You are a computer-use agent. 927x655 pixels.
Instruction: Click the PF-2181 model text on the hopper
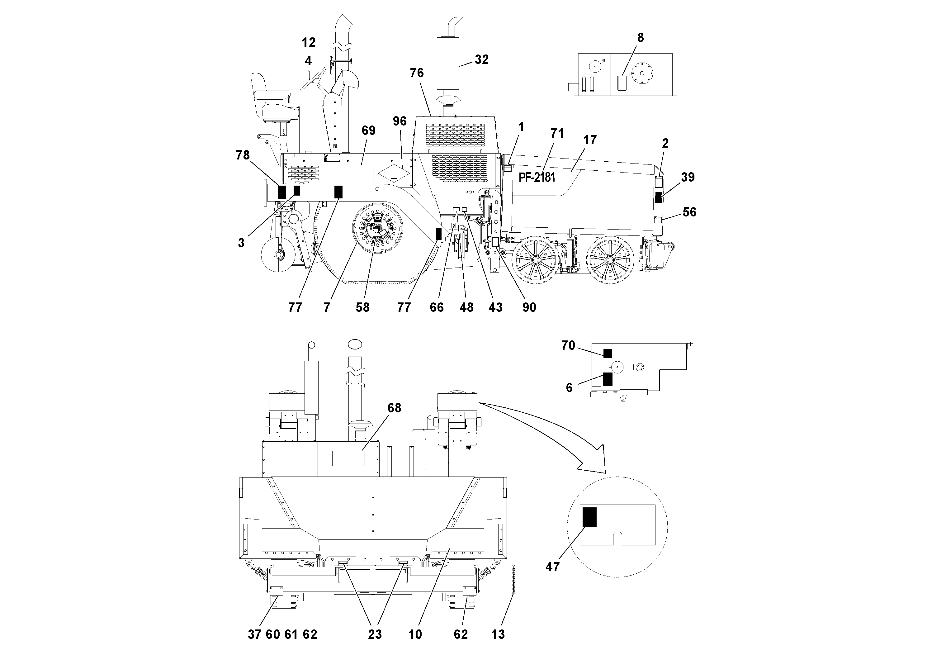[x=537, y=177]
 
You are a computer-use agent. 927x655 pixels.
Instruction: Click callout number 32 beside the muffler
[x=482, y=60]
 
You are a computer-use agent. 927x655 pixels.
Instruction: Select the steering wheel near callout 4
[x=313, y=79]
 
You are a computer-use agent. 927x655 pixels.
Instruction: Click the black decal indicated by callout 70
[x=607, y=353]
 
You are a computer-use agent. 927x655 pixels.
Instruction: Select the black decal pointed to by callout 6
[x=607, y=379]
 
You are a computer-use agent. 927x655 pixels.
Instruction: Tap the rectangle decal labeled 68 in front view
[x=348, y=458]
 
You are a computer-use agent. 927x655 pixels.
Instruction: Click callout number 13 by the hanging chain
[x=498, y=634]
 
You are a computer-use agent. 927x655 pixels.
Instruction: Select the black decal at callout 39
[x=658, y=197]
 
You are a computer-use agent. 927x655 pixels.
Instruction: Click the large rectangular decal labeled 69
[x=348, y=173]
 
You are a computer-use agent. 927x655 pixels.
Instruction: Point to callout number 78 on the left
[x=243, y=155]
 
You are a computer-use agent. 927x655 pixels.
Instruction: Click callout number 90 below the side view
[x=529, y=307]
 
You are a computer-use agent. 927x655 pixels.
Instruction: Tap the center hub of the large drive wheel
[x=377, y=231]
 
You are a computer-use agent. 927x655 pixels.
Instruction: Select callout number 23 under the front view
[x=375, y=634]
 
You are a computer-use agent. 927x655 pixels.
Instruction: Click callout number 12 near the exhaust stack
[x=309, y=42]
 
